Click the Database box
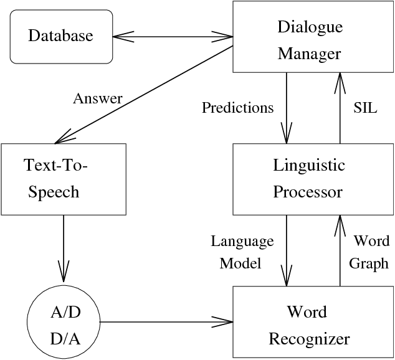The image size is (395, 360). (x=61, y=36)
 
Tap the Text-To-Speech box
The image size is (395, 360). (x=64, y=179)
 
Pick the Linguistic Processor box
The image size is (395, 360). (x=309, y=179)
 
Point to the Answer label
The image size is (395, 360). (x=98, y=98)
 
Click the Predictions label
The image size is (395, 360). (x=238, y=108)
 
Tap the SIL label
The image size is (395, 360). (x=366, y=108)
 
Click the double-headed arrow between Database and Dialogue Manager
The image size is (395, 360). (x=173, y=36)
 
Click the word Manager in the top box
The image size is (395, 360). (x=309, y=54)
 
